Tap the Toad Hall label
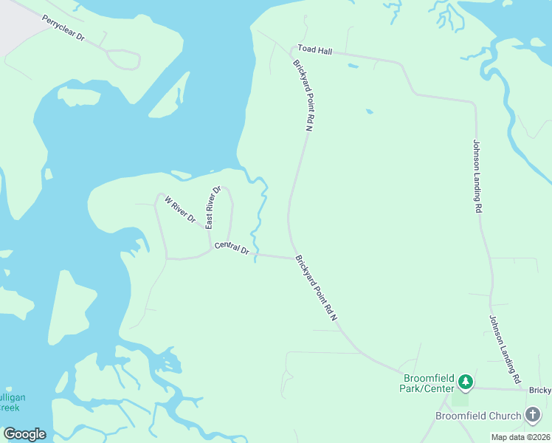[x=315, y=49]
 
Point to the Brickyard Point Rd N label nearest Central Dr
[x=316, y=289]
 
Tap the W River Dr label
[x=179, y=210]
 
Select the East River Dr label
[x=213, y=207]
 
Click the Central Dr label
[x=232, y=249]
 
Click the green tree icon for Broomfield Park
[x=465, y=382]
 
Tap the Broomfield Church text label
[x=477, y=416]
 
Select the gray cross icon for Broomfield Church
[x=533, y=415]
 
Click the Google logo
[x=24, y=434]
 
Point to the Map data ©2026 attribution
[x=520, y=437]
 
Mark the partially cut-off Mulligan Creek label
[x=10, y=402]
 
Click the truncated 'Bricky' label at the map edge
[x=539, y=389]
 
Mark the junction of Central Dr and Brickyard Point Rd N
[x=292, y=258]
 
